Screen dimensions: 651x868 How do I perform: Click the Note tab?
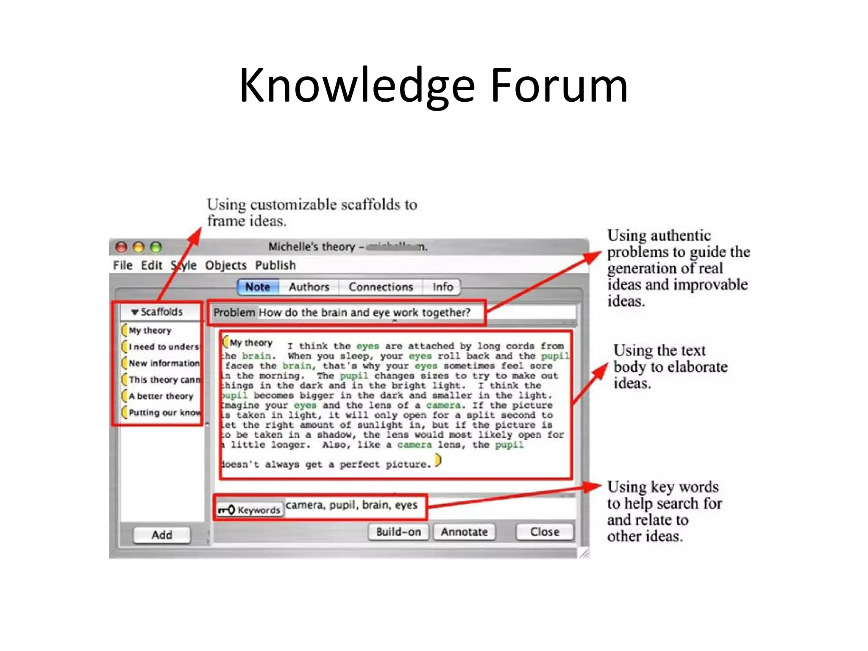click(x=258, y=287)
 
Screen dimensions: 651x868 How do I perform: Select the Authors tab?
click(x=309, y=287)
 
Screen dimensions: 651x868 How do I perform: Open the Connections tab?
click(x=381, y=287)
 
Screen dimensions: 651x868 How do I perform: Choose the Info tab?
click(x=442, y=287)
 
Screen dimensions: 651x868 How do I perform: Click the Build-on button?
click(x=398, y=532)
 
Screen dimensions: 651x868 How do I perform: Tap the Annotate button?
click(x=464, y=532)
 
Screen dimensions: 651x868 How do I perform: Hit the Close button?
click(x=545, y=532)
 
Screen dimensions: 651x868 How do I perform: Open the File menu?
click(x=123, y=265)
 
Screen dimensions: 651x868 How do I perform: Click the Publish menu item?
click(x=275, y=265)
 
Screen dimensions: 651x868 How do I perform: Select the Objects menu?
click(x=225, y=265)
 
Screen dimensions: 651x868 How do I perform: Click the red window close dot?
click(x=122, y=247)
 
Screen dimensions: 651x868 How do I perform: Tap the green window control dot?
click(x=156, y=247)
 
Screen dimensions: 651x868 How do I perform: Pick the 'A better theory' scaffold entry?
click(x=161, y=396)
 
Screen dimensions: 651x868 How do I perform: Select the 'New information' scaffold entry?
click(x=164, y=363)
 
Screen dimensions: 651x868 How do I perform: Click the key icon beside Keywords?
click(x=226, y=510)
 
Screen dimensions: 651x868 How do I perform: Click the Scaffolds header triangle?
click(x=135, y=312)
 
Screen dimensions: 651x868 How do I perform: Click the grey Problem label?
click(x=234, y=313)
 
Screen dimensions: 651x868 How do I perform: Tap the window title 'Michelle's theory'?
click(x=312, y=247)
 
